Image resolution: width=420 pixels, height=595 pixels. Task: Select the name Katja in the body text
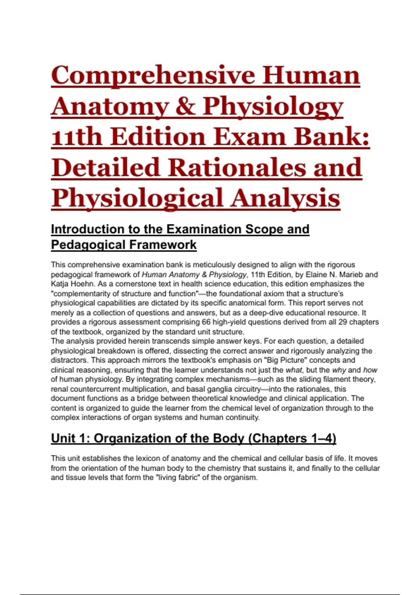[x=60, y=284]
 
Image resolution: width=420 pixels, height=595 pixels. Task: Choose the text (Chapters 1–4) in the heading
[x=292, y=439]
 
